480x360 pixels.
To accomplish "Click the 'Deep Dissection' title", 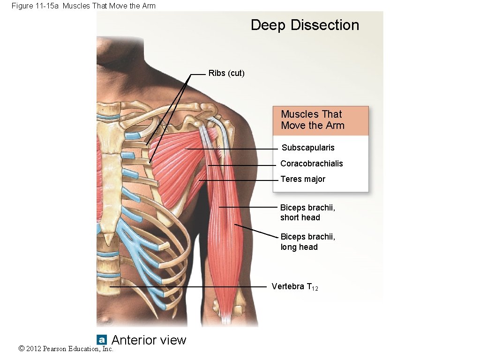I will tap(305, 25).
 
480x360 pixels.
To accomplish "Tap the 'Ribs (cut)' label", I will tap(226, 74).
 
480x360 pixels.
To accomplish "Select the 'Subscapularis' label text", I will tap(308, 148).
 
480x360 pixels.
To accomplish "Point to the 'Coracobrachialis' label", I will tap(311, 164).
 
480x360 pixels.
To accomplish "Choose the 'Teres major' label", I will tap(302, 179).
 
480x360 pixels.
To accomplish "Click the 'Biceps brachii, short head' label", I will tap(307, 212).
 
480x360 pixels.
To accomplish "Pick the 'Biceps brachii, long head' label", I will tap(307, 242).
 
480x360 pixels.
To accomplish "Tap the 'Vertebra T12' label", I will tap(294, 286).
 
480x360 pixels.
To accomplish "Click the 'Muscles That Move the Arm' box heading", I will tap(313, 120).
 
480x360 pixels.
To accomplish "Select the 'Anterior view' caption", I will tap(149, 340).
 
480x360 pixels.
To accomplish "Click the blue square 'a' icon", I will tap(102, 340).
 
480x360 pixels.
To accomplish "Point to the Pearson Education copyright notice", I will tap(66, 349).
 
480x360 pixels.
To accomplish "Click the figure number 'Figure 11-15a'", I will tap(36, 6).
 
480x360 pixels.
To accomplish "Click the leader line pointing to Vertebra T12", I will tap(187, 286).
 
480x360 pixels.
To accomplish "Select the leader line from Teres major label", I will tap(239, 180).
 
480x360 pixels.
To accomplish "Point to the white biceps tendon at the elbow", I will tap(226, 319).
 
